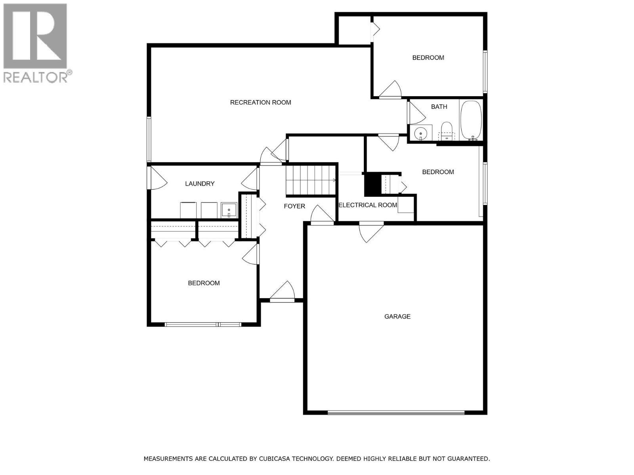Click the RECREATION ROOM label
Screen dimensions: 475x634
(260, 103)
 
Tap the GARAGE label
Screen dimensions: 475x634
(397, 317)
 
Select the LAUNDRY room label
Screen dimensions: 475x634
(200, 184)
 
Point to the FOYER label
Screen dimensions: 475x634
(294, 206)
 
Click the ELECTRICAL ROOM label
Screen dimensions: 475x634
(367, 205)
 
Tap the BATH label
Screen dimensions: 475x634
(439, 107)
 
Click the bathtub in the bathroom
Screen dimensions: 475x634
(471, 120)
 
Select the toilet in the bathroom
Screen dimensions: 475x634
(447, 131)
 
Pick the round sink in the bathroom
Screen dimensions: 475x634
(420, 134)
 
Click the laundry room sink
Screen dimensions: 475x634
(229, 210)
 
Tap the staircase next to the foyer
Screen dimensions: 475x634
(311, 180)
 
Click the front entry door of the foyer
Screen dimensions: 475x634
(283, 300)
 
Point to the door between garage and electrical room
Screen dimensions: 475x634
(371, 224)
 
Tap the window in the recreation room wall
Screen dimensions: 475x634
(149, 139)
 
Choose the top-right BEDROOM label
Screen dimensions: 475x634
(428, 58)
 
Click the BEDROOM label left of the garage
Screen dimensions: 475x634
(204, 283)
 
